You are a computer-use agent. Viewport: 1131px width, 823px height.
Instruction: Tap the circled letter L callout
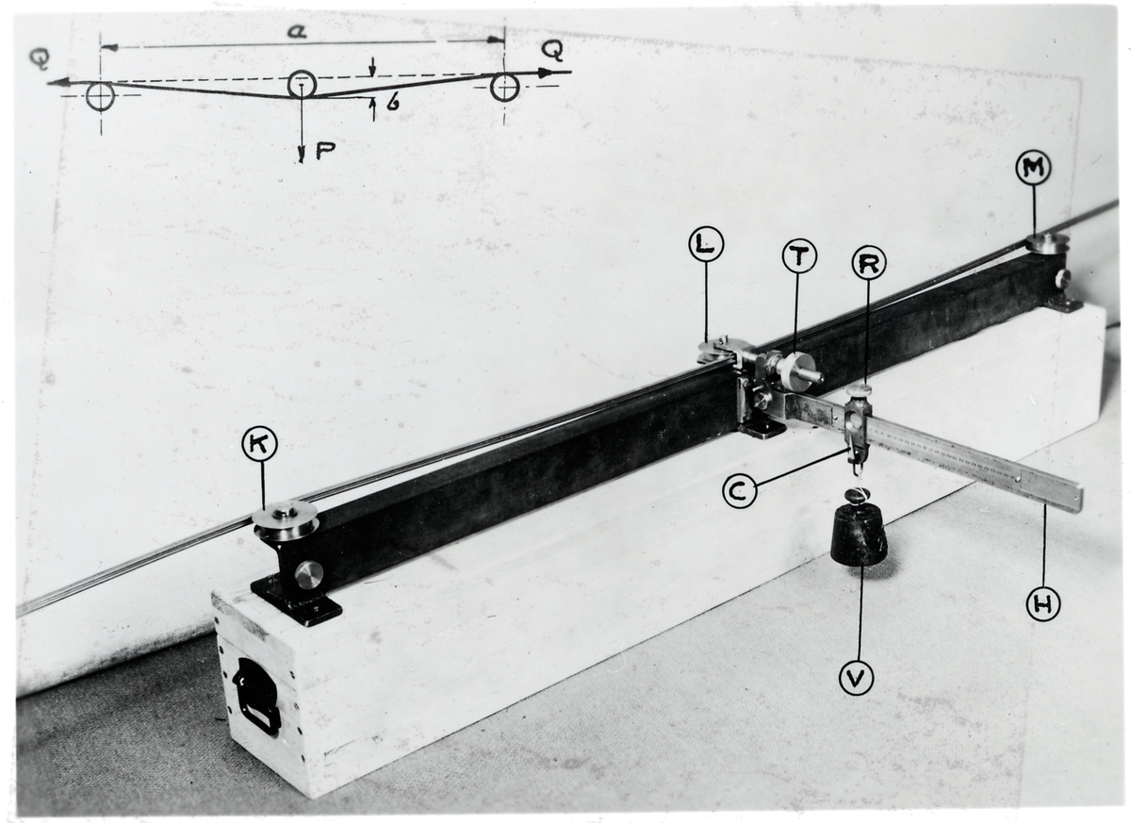(706, 245)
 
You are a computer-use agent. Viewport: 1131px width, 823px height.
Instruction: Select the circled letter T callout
(799, 256)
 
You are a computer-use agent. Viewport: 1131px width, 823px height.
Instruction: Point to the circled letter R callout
(868, 263)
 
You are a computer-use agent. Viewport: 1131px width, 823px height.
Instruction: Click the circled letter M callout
(1033, 182)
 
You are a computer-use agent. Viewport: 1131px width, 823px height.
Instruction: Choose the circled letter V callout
(857, 679)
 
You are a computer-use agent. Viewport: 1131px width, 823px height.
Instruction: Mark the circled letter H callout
(1043, 604)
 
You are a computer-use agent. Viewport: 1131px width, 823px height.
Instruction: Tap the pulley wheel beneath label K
(286, 521)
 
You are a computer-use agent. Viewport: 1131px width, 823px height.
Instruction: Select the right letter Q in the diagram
(552, 52)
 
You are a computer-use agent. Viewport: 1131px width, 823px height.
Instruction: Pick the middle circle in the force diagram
(302, 85)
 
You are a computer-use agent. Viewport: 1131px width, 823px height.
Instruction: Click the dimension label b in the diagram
(393, 103)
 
